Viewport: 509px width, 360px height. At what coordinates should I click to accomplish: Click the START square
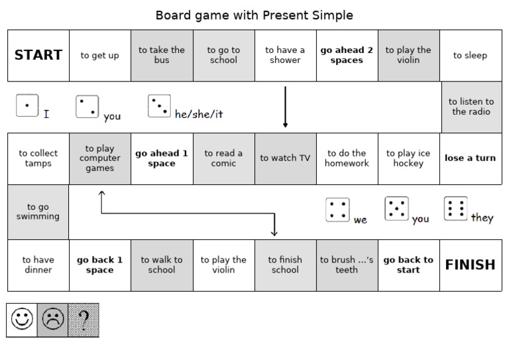[38, 55]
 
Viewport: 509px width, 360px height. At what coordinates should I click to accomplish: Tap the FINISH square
[470, 265]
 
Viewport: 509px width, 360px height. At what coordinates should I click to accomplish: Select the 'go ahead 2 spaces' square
[347, 55]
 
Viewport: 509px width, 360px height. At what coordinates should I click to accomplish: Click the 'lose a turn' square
[470, 158]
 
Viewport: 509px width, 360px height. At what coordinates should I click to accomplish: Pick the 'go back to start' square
[408, 265]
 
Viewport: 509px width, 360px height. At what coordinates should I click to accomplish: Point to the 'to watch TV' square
[285, 158]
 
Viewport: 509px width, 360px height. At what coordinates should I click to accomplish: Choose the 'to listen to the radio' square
[471, 107]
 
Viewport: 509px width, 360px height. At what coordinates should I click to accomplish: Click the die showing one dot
[27, 105]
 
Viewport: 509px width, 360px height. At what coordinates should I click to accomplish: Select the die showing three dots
[159, 105]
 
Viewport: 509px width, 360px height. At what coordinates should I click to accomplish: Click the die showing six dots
[455, 208]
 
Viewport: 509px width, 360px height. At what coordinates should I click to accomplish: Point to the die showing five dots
[396, 208]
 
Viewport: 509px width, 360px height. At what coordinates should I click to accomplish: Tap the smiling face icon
[22, 320]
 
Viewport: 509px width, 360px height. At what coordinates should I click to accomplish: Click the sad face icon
[52, 320]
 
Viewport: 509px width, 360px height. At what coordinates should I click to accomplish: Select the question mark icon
[84, 320]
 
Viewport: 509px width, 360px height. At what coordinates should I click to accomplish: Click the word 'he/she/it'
[199, 114]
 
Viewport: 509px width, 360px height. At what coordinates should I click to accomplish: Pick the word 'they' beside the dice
[482, 217]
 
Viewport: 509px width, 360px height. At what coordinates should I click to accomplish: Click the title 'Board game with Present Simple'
[254, 15]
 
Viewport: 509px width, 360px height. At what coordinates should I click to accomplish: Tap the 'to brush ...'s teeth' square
[347, 265]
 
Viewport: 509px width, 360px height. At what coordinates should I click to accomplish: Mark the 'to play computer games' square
[100, 158]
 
